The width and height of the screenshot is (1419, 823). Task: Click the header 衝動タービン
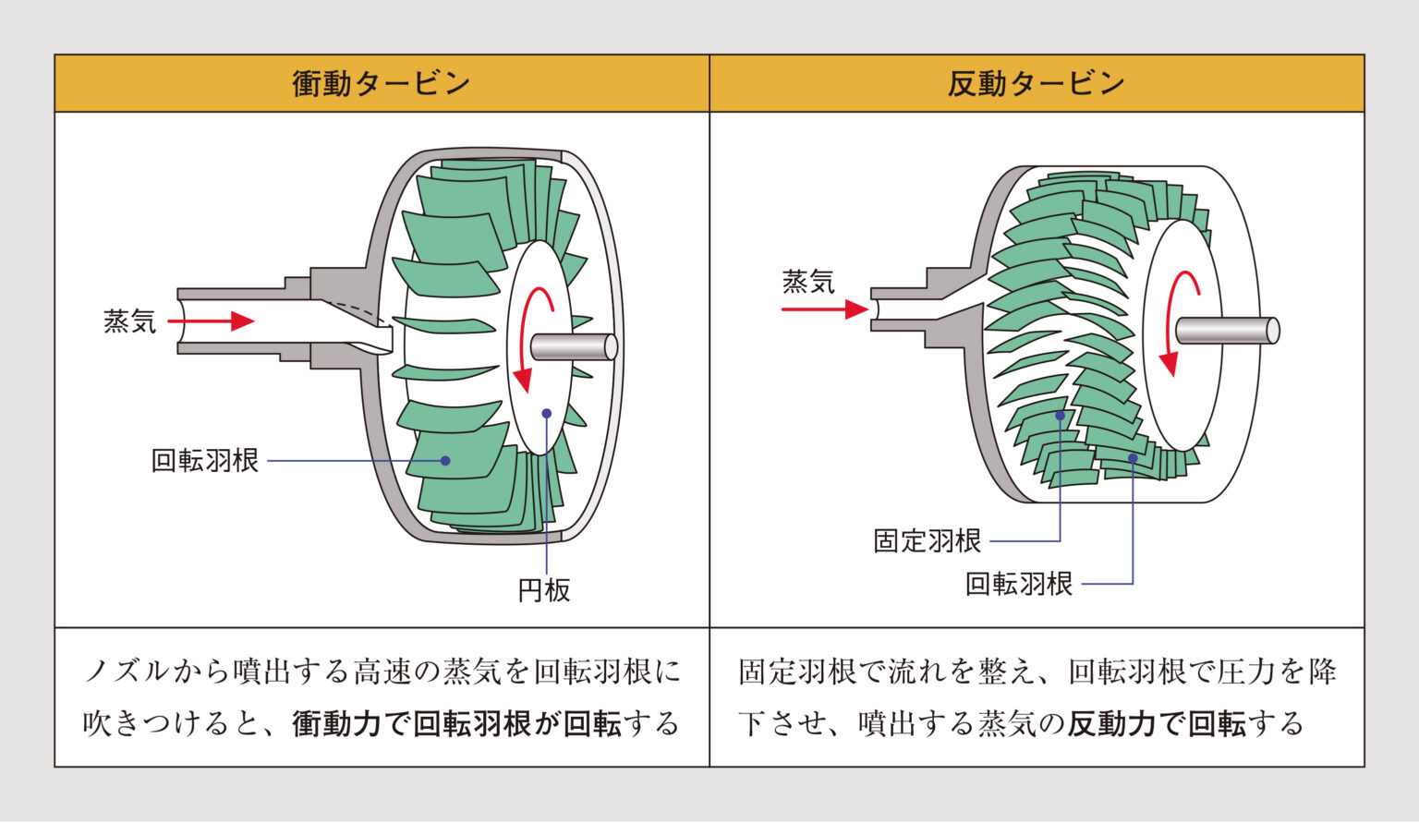coord(381,84)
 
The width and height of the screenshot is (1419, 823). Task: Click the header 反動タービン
coord(1036,84)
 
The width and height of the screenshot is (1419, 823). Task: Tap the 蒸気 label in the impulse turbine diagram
coord(129,321)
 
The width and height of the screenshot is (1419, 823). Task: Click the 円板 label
coord(544,590)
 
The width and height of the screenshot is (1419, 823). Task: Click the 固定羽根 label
coord(927,540)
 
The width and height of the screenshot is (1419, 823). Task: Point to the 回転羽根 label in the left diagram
coord(204,460)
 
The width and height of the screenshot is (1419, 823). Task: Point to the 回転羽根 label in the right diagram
coord(1018,584)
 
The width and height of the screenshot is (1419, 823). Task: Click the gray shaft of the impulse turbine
coord(573,346)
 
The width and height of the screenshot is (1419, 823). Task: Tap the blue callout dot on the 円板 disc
coord(547,414)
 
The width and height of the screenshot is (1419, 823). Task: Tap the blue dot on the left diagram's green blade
coord(445,460)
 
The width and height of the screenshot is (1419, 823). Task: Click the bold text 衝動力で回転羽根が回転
coord(456,723)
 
